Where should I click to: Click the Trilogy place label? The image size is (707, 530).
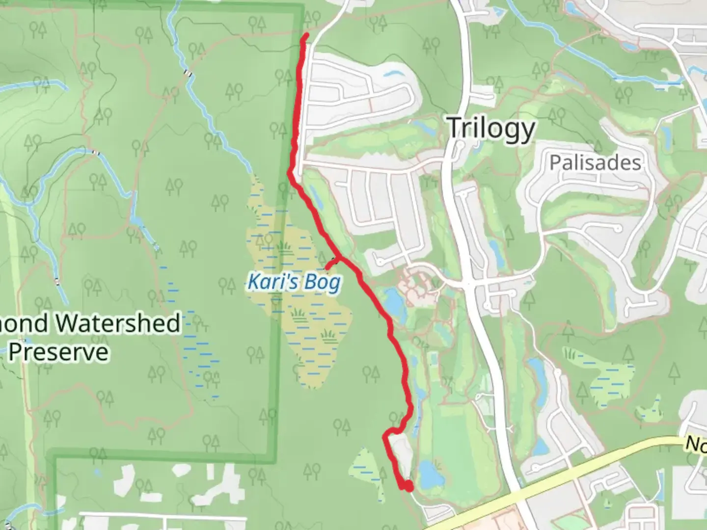(x=491, y=129)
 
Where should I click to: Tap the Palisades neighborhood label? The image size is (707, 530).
(x=595, y=162)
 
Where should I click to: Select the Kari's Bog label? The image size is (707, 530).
(x=294, y=283)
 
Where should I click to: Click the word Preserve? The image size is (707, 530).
(x=58, y=352)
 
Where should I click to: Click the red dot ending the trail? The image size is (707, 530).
(x=407, y=486)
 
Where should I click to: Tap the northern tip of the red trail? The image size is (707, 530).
(x=306, y=35)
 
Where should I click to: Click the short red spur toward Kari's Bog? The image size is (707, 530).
(x=331, y=264)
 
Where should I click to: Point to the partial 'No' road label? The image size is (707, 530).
(x=696, y=444)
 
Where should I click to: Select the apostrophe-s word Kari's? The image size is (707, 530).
(x=268, y=282)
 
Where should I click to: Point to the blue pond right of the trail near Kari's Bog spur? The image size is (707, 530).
(x=394, y=300)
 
